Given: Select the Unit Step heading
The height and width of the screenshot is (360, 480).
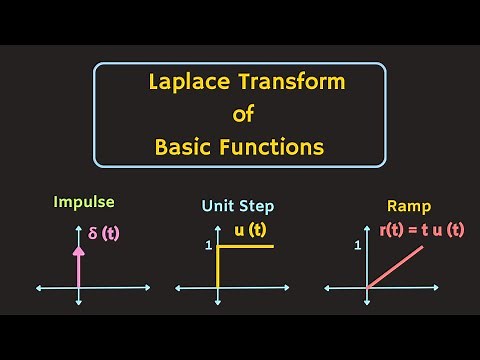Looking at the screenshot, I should pyautogui.click(x=238, y=206).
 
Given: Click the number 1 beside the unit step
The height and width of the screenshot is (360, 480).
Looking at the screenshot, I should pyautogui.click(x=207, y=246).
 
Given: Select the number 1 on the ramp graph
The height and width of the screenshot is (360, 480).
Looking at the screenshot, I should pyautogui.click(x=357, y=246).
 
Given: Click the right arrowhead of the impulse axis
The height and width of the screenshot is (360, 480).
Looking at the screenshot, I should pyautogui.click(x=147, y=288).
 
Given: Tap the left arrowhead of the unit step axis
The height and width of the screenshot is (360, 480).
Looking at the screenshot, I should pyautogui.click(x=178, y=288).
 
